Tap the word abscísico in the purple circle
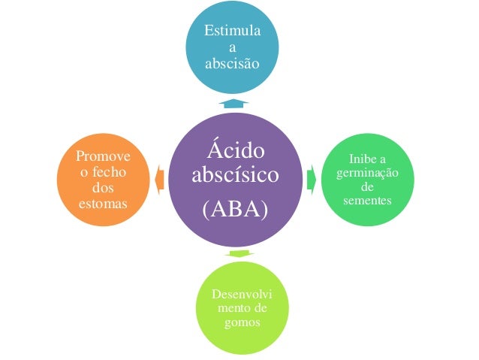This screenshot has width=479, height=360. pyautogui.click(x=235, y=175)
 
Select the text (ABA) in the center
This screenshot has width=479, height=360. pyautogui.click(x=235, y=209)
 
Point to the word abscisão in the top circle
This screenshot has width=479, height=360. pyautogui.click(x=233, y=64)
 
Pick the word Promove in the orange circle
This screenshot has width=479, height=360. pyautogui.click(x=102, y=156)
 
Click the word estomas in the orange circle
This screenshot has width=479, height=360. pyautogui.click(x=102, y=203)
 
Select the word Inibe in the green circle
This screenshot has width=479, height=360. pyautogui.click(x=363, y=160)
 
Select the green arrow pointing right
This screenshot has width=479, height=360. pyautogui.click(x=311, y=179)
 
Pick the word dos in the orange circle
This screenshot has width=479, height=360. pyautogui.click(x=102, y=188)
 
